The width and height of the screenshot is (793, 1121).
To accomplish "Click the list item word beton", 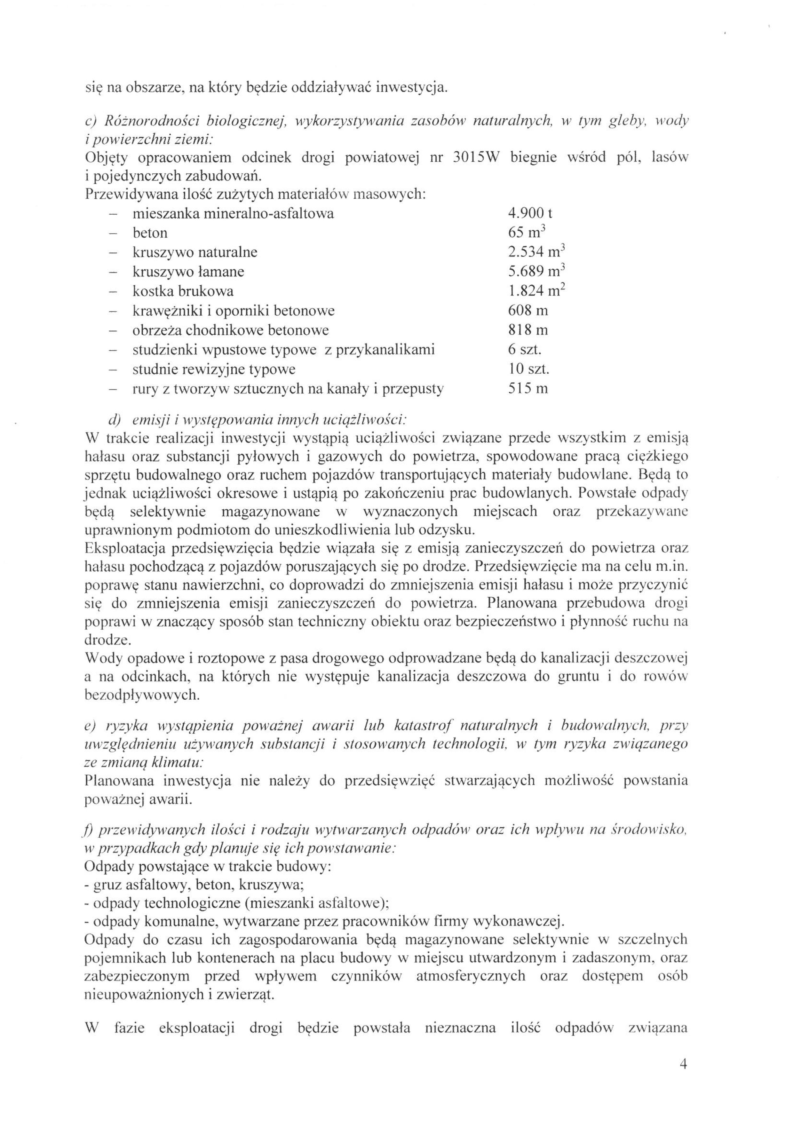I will (x=150, y=233).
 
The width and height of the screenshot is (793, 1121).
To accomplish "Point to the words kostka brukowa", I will (x=183, y=291).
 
